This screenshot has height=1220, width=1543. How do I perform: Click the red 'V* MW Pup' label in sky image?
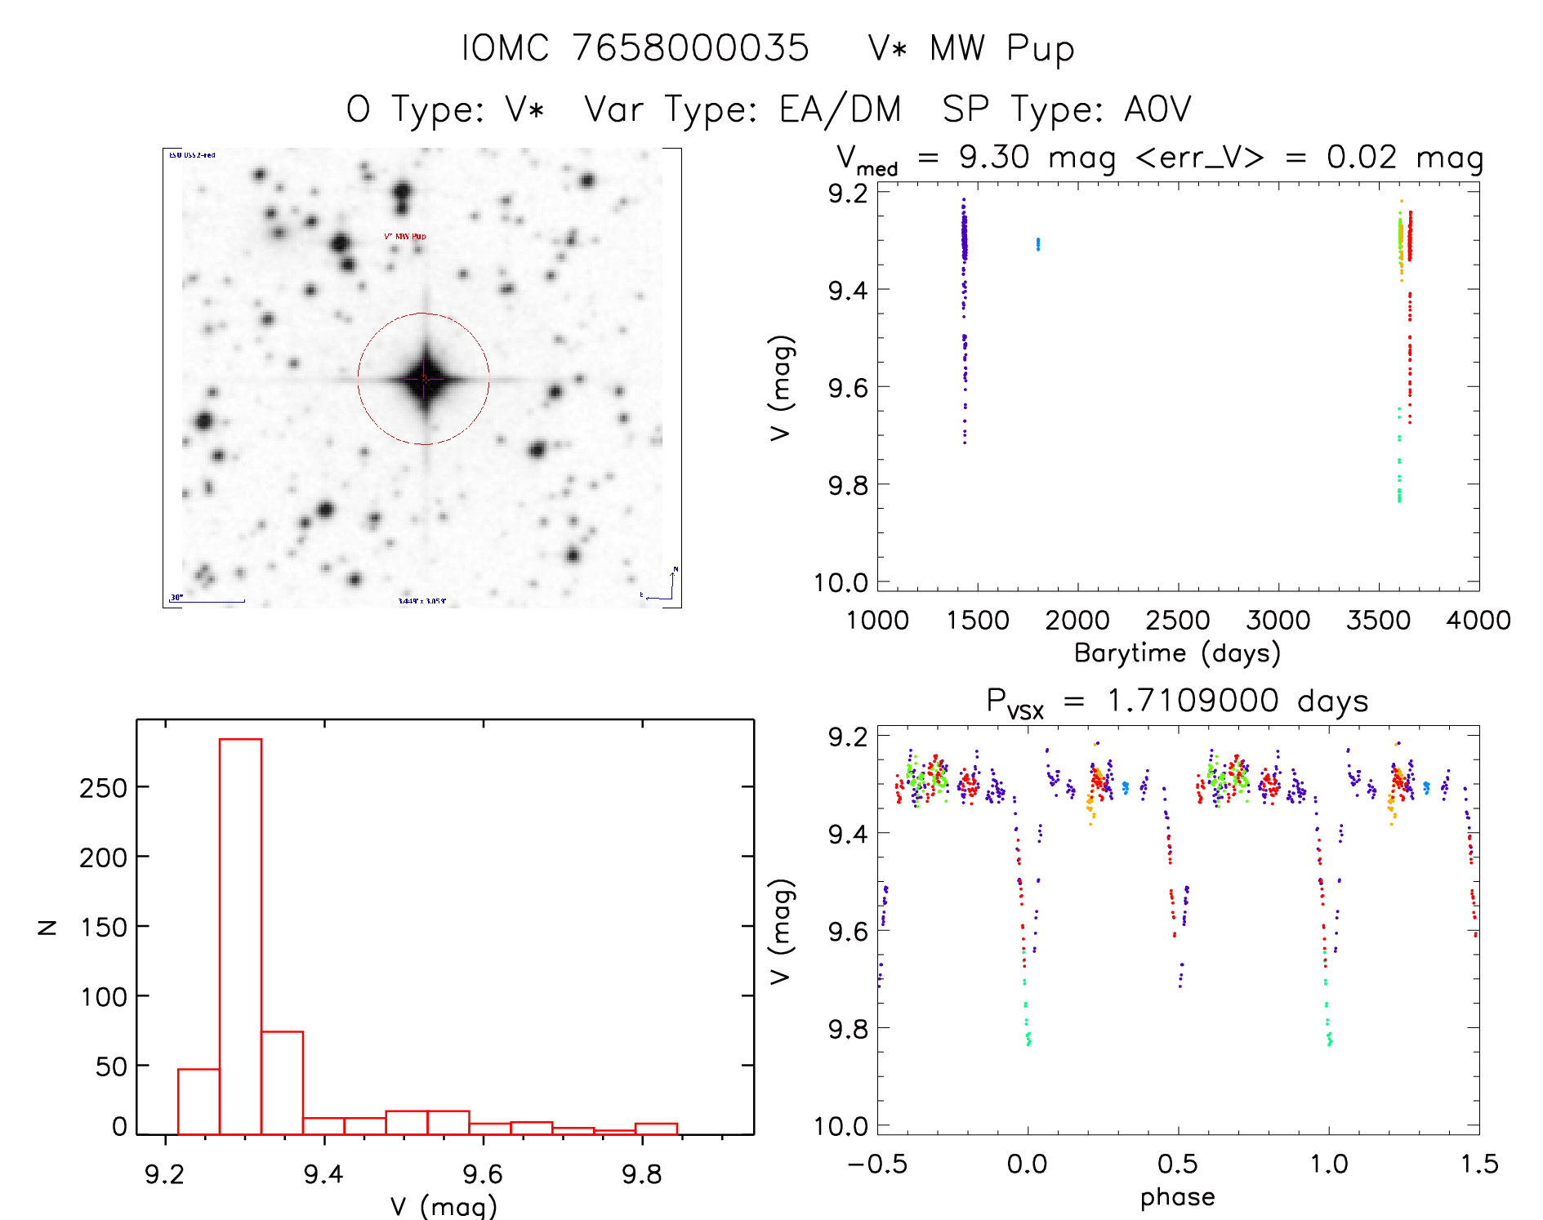(405, 237)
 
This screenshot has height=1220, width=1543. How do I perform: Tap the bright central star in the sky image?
(425, 378)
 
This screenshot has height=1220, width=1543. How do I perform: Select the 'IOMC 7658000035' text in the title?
(635, 48)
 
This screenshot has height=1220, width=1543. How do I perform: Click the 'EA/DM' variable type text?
(841, 109)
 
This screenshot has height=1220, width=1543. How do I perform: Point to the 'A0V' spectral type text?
(1158, 109)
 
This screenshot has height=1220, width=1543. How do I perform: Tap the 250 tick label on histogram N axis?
(104, 788)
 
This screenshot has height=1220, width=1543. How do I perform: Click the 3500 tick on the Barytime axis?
(1378, 621)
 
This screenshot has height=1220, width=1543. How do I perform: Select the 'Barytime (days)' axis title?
(1177, 653)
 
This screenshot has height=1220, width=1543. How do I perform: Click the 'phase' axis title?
(1177, 1197)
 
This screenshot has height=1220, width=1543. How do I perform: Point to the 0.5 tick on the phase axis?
(1178, 1164)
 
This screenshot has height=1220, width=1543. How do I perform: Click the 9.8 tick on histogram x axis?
(642, 1174)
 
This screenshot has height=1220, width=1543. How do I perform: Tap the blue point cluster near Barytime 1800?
(1038, 243)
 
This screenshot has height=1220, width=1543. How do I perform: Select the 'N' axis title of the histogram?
(47, 927)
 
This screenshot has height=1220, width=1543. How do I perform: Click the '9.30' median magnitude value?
(994, 157)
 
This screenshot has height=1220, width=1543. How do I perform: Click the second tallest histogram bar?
(283, 1083)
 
